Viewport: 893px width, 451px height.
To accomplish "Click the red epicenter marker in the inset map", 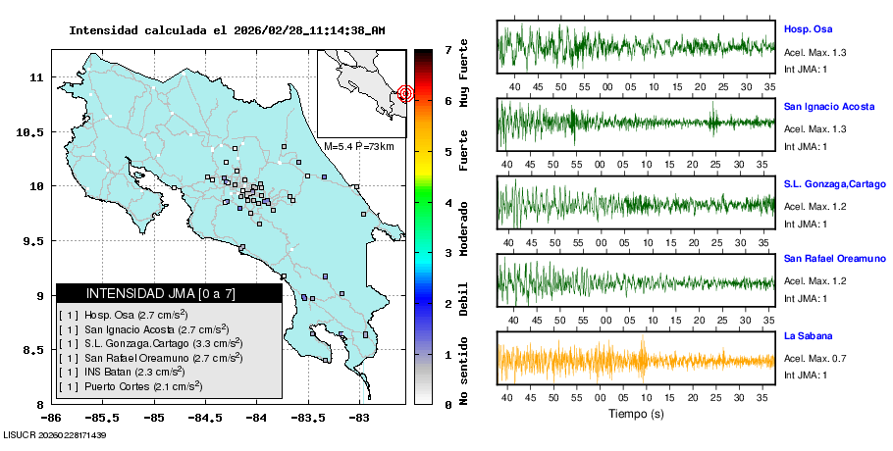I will (405, 94).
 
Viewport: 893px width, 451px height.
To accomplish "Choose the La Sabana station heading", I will (808, 335).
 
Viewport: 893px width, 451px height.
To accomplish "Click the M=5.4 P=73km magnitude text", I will (358, 146).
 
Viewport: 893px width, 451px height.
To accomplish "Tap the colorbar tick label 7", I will (447, 49).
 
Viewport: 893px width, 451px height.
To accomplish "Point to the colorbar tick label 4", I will (447, 202).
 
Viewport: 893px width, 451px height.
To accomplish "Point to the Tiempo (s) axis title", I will (636, 415).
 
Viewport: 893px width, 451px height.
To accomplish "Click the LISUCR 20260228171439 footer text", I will (54, 434).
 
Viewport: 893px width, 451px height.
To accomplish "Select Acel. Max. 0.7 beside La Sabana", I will (814, 357).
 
